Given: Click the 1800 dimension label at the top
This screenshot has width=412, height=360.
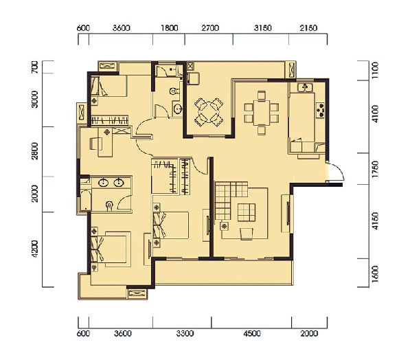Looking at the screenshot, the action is coord(169,28).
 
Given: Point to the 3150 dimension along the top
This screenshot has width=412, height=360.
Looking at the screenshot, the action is coord(262,28).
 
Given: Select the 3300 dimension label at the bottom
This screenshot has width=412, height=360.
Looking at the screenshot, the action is coord(185,333).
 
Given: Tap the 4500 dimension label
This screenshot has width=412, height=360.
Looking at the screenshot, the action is coord(252,333).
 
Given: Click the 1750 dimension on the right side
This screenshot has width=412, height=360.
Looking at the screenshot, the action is coord(375,169).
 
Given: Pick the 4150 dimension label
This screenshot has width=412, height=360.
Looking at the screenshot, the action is coord(375,221).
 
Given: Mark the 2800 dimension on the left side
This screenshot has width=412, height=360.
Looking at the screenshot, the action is coord(35,151).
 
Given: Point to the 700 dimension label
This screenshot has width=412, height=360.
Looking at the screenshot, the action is coord(35,67).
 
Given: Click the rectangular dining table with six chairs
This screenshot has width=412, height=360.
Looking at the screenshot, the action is coord(261,113).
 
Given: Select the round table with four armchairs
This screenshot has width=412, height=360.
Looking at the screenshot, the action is coord(209,112).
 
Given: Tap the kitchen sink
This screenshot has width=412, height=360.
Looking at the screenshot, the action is coord(305,87).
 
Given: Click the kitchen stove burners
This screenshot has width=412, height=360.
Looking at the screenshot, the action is coord(321,110).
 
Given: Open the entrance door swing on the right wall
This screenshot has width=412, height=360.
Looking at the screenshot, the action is coord(336,172).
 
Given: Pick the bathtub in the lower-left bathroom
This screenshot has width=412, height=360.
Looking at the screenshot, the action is coord(86,200).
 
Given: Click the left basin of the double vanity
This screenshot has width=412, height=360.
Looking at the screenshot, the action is coord(103,182).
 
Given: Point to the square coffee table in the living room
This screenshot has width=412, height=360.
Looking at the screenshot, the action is coord(247,212).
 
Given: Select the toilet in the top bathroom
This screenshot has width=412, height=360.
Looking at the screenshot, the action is coord(174,91).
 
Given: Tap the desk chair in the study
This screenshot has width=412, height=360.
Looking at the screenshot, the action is coord(94,144).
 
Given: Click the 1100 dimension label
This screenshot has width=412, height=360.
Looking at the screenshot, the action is coord(375,71).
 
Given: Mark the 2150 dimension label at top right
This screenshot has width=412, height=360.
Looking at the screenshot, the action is coord(308,28).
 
